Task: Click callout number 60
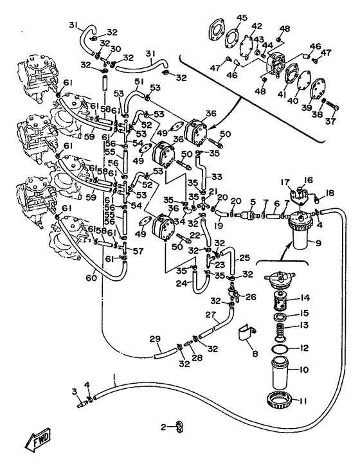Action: [92, 278]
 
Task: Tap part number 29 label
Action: [155, 339]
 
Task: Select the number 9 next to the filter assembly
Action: [318, 244]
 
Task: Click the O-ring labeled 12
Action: [280, 348]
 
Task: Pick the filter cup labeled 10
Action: [280, 373]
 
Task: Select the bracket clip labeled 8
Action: [247, 332]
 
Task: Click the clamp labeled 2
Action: [179, 427]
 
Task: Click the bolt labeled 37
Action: [332, 105]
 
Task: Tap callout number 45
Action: [242, 17]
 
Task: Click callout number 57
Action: [138, 251]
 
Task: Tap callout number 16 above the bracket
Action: [309, 180]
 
